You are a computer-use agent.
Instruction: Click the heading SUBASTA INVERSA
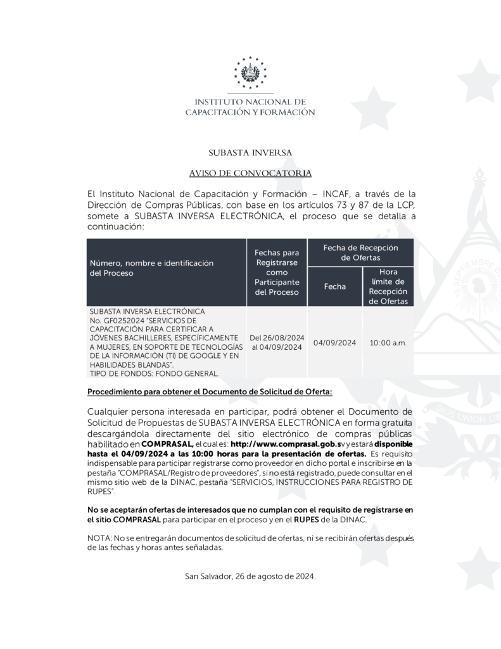click(250, 153)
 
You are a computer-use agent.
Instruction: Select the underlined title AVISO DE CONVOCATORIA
click(250, 173)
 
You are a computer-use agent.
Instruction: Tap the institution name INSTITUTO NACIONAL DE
click(250, 101)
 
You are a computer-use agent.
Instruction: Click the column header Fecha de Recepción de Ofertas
click(360, 252)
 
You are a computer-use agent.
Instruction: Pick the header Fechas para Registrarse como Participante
click(276, 273)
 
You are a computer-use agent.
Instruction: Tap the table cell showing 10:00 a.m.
click(388, 343)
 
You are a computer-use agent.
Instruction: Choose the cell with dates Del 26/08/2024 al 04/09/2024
click(277, 342)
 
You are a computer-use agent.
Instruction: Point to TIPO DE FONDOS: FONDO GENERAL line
click(155, 373)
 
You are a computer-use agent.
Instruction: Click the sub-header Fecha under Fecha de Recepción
click(334, 286)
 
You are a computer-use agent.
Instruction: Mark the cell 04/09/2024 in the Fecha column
click(334, 343)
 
